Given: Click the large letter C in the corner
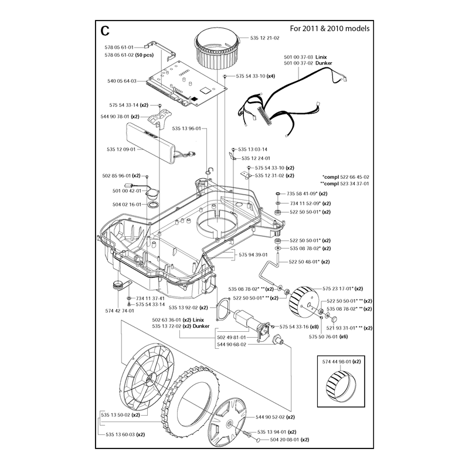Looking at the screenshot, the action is pyautogui.click(x=105, y=30).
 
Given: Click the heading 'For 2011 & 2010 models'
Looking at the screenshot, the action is pyautogui.click(x=329, y=28).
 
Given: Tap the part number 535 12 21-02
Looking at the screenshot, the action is pyautogui.click(x=265, y=38).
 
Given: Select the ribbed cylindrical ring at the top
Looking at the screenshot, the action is pyautogui.click(x=217, y=50).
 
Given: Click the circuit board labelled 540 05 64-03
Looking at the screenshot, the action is pyautogui.click(x=186, y=84).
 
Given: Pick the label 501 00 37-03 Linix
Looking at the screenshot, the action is pyautogui.click(x=305, y=57).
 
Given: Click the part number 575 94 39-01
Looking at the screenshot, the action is pyautogui.click(x=253, y=255).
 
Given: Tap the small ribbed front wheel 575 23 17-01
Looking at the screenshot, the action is pyautogui.click(x=304, y=301).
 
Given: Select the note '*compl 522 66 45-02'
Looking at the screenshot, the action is pyautogui.click(x=346, y=177).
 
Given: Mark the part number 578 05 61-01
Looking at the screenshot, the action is pyautogui.click(x=119, y=47).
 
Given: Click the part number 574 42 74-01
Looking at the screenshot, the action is pyautogui.click(x=120, y=311).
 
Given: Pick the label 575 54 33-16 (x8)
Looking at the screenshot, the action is pyautogui.click(x=299, y=327).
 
